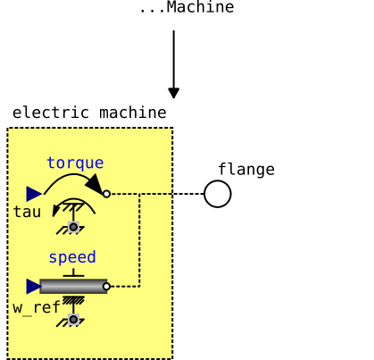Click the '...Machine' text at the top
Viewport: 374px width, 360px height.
187,7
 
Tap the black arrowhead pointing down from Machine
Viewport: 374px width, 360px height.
174,93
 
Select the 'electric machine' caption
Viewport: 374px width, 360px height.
89,113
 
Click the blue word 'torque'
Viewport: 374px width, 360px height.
75,163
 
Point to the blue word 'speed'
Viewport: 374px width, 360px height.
72,257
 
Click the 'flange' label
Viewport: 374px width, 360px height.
246,170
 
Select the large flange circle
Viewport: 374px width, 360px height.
218,194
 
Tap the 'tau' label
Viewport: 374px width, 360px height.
27,212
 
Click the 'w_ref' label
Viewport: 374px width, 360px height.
37,307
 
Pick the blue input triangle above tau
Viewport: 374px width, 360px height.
34,194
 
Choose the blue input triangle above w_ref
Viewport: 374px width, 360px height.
34,286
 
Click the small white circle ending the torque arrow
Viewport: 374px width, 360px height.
106,194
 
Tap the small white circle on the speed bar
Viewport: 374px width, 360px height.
106,287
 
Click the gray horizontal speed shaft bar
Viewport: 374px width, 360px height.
73,286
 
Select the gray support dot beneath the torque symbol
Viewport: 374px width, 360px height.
73,227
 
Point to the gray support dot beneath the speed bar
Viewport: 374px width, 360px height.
73,320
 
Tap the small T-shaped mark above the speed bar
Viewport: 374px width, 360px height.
73,273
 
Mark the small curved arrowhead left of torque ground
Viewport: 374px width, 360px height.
55,211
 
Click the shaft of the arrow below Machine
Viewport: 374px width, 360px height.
174,59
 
